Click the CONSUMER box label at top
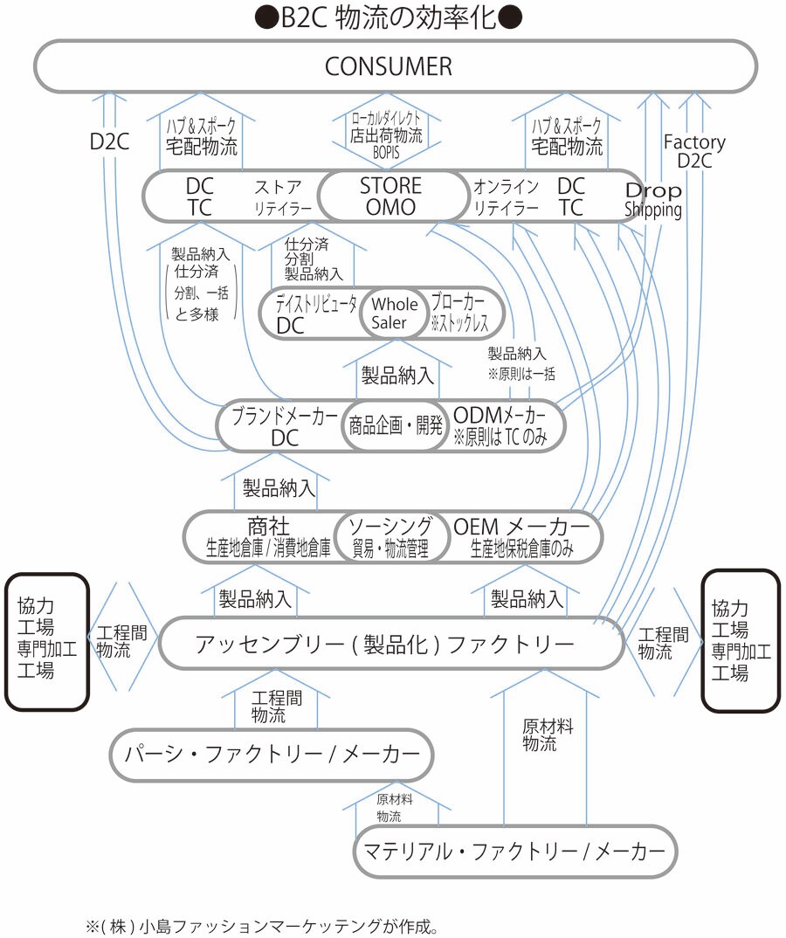pyautogui.click(x=389, y=66)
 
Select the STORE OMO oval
pyautogui.click(x=390, y=197)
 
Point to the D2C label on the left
pyautogui.click(x=110, y=142)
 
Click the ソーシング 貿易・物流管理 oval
pyautogui.click(x=390, y=536)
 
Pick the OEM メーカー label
pyautogui.click(x=521, y=527)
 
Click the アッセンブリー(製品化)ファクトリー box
pyautogui.click(x=384, y=645)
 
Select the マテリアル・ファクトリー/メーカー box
pyautogui.click(x=514, y=850)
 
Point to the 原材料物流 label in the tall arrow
pyautogui.click(x=540, y=735)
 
